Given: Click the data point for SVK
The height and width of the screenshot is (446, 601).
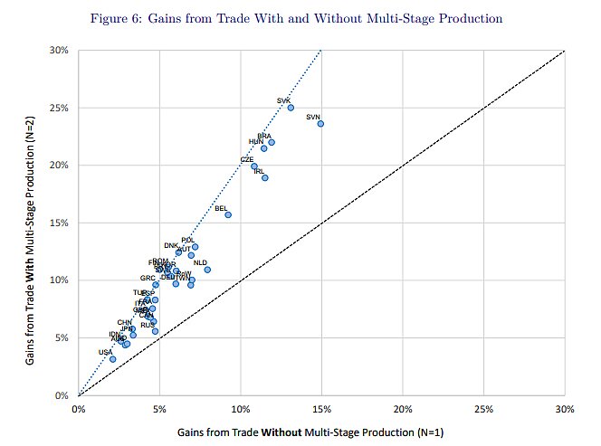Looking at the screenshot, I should pyautogui.click(x=291, y=108).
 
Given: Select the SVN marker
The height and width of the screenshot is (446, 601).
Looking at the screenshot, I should pyautogui.click(x=320, y=124).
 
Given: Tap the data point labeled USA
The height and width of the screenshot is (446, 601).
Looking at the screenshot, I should pyautogui.click(x=112, y=359).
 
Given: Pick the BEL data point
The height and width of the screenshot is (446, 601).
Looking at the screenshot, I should pyautogui.click(x=228, y=214).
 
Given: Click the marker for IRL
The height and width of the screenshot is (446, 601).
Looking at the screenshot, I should pyautogui.click(x=265, y=177).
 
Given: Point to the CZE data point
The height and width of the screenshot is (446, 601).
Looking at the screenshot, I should pyautogui.click(x=254, y=166).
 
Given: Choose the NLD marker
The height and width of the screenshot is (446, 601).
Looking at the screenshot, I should pyautogui.click(x=207, y=270).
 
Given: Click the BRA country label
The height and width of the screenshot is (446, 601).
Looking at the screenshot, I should pyautogui.click(x=264, y=136).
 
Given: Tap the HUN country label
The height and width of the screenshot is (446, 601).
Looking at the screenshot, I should pyautogui.click(x=256, y=142).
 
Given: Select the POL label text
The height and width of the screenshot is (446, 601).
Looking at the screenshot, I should pyautogui.click(x=188, y=240).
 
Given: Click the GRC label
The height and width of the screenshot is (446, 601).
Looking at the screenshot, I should pyautogui.click(x=148, y=278).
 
